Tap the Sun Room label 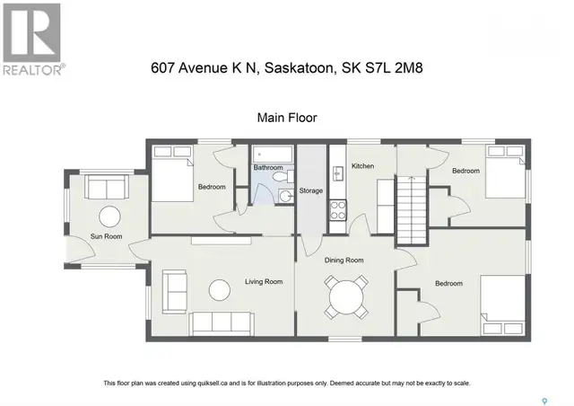pos(106,237)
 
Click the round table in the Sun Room pos(109,216)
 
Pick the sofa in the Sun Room pos(106,188)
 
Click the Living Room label pos(264,282)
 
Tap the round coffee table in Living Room pos(218,290)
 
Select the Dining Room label pos(345,260)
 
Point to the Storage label pos(311,190)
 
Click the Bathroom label pos(267,168)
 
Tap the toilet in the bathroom pos(283,195)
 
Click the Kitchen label pos(362,167)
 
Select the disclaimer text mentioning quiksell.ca pos(287,384)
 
